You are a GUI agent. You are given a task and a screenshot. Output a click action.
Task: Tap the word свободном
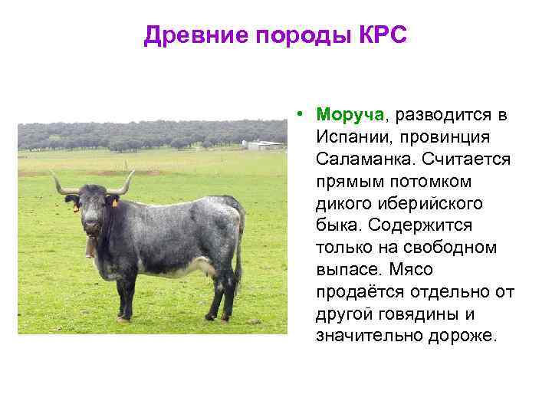click(449, 247)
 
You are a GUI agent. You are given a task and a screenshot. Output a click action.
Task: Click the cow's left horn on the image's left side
click(64, 184)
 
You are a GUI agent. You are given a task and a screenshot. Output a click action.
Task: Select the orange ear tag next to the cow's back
click(115, 203)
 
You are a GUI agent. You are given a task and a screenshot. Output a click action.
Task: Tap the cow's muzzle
click(91, 226)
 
